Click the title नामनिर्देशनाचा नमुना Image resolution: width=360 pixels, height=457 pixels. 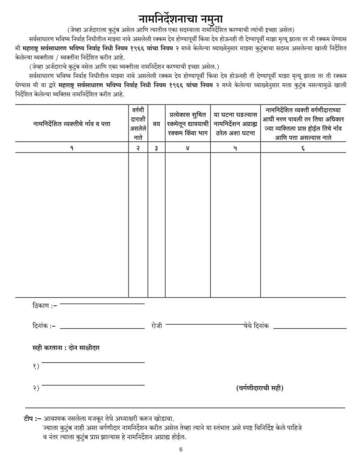tap(180, 19)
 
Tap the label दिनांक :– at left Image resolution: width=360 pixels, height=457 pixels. tap(44, 327)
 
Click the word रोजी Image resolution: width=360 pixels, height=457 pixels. tap(158, 327)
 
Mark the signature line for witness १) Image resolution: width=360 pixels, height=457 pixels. tap(93, 362)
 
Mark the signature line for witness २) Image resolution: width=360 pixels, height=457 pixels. tap(93, 384)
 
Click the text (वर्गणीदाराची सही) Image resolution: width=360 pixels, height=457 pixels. tap(260, 388)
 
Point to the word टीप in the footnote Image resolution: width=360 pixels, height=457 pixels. tap(29, 419)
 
